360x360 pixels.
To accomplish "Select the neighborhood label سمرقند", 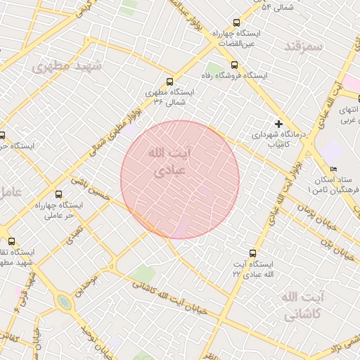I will tap(303, 47).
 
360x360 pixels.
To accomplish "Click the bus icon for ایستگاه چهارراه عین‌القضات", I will tap(236, 23).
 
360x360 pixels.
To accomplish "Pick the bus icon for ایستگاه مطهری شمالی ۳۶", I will tap(169, 82).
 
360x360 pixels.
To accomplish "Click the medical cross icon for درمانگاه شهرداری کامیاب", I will tap(279, 123).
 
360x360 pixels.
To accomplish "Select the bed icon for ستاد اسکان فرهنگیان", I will tap(334, 169).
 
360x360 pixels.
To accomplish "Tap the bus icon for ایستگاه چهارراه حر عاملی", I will tap(58, 194).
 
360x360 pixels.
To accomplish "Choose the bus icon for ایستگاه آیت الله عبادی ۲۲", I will tap(252, 252).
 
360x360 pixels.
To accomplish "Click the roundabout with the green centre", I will tap(64, 302).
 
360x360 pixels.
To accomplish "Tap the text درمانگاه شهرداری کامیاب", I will tap(279, 138).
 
